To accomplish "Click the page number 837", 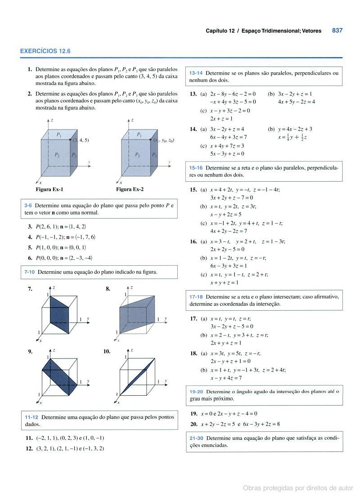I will pyautogui.click(x=337, y=31).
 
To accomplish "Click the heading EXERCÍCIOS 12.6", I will pyautogui.click(x=45, y=51).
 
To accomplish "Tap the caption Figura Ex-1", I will pyautogui.click(x=49, y=190).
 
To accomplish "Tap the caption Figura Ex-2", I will pyautogui.click(x=130, y=190).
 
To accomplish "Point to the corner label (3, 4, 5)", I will pyautogui.click(x=81, y=140).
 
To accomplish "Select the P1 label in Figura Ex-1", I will pyautogui.click(x=58, y=135).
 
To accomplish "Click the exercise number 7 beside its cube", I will pyautogui.click(x=30, y=289).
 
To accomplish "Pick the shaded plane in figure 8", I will pyautogui.click(x=135, y=315).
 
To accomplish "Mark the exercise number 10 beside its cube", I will pyautogui.click(x=107, y=351).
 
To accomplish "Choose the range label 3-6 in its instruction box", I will pyautogui.click(x=27, y=206).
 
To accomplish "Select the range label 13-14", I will pyautogui.click(x=196, y=73).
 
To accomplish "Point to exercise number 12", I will pyautogui.click(x=29, y=448).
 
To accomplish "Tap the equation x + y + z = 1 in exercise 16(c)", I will pyautogui.click(x=224, y=283).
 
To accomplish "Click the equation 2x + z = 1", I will pyautogui.click(x=221, y=119).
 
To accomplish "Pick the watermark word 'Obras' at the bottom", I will pyautogui.click(x=252, y=488).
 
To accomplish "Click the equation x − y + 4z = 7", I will pyautogui.click(x=226, y=378).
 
